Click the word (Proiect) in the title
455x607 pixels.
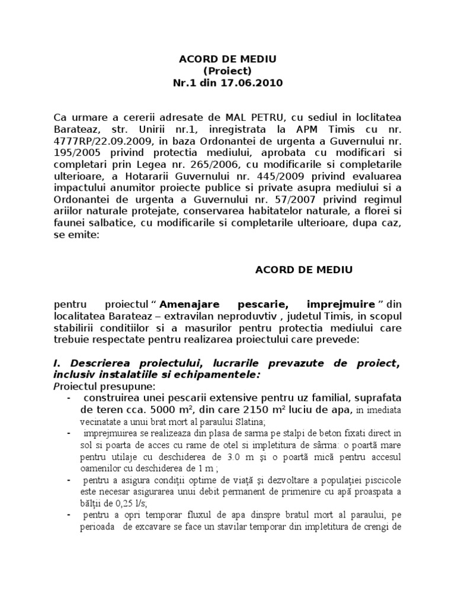coord(227,71)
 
